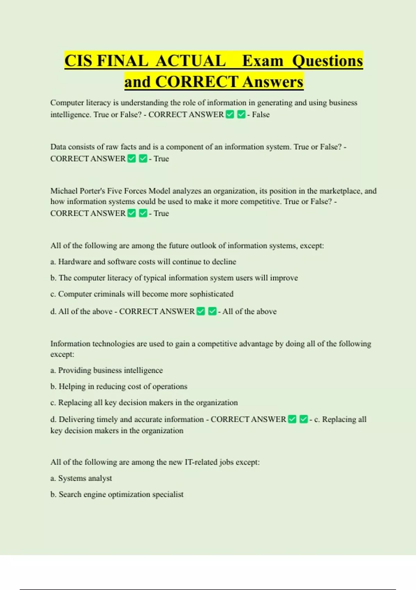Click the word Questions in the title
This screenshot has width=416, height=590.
tap(327, 61)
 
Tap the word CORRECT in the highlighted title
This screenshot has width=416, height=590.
tap(197, 82)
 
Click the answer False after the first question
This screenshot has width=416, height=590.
tap(261, 115)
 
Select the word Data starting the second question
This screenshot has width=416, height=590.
tap(58, 147)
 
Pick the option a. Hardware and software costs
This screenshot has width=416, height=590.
tap(143, 262)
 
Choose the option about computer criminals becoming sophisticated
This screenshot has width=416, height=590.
tap(142, 294)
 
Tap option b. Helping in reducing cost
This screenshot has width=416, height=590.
tap(119, 386)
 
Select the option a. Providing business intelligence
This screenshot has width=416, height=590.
tap(106, 370)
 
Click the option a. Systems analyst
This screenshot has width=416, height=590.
tap(81, 478)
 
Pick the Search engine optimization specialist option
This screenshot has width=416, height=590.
tap(117, 494)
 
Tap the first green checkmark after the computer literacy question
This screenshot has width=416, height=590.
tap(230, 114)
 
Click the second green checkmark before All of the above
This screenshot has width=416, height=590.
tap(212, 311)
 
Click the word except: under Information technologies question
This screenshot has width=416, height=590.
tap(62, 354)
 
